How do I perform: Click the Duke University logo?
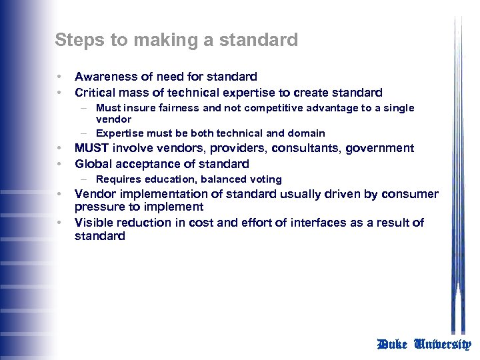coord(424,345)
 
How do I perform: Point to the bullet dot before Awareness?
coord(59,77)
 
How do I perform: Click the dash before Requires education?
coord(87,179)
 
